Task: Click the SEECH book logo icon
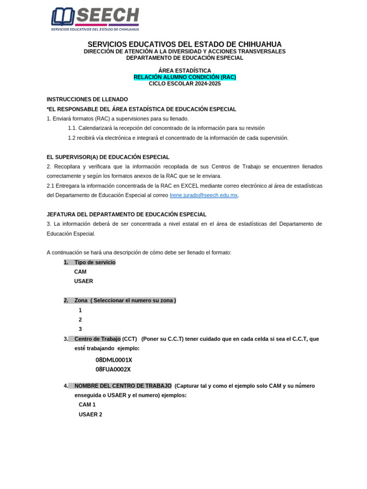coord(63,17)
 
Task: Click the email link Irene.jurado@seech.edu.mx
coord(204,195)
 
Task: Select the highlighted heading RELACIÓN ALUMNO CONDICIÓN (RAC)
coord(184,77)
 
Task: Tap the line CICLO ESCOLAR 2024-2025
coord(184,84)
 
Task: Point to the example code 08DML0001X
coord(114,360)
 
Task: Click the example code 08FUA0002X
coord(113,369)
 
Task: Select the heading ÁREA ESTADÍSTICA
coord(184,71)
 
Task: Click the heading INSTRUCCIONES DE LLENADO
coord(87,99)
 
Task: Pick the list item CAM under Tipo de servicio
coord(80,272)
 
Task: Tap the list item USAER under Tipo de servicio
coord(84,281)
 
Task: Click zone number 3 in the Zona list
coord(80,329)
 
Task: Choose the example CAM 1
coord(87,404)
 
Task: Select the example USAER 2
coord(90,415)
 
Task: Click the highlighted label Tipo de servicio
coord(95,262)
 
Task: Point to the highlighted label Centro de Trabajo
coord(97,339)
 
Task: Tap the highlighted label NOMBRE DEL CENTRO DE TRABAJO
coord(123,386)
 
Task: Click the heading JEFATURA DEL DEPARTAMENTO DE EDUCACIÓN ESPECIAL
coord(126,214)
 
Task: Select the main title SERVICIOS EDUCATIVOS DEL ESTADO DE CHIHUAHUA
coord(184,44)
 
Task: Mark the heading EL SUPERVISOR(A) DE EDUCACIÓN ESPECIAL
coord(108,157)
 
